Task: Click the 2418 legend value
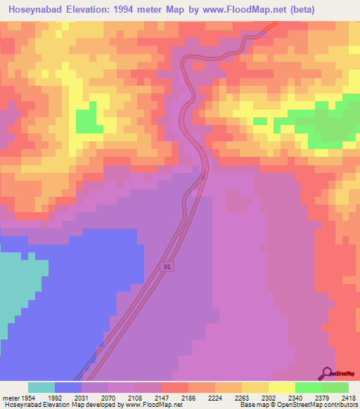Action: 349,396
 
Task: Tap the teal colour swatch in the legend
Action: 41,387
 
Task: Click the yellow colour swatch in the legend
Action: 281,387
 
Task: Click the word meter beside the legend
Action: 9,396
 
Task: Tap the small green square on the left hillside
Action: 86,120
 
